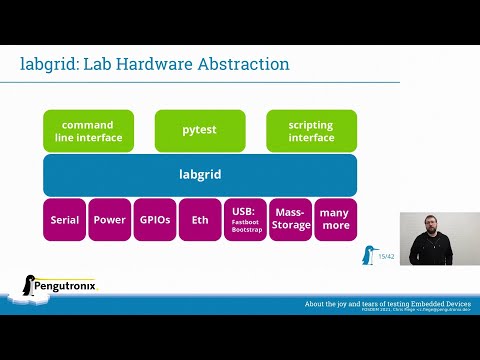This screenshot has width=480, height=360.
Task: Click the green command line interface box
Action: pos(89,131)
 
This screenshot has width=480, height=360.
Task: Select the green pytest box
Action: pos(200,131)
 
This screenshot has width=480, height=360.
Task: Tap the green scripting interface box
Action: pos(311,131)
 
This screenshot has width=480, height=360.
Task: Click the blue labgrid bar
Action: pos(200,175)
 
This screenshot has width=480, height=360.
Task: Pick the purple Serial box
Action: pos(64,220)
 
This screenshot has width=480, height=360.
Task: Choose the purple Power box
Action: pos(109,220)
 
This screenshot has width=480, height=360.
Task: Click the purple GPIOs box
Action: pos(154,220)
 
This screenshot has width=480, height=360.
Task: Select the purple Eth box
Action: pos(200,220)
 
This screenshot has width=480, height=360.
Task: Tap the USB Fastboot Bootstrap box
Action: pos(245,220)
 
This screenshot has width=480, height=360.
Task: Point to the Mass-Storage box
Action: pos(290,220)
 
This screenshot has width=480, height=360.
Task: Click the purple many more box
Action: pos(335,220)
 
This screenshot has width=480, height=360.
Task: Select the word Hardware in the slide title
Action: pos(150,65)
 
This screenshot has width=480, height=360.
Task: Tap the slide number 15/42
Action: pos(386,257)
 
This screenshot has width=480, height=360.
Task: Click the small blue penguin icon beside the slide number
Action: pos(368,256)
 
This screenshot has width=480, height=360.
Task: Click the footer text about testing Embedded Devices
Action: pos(390,303)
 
